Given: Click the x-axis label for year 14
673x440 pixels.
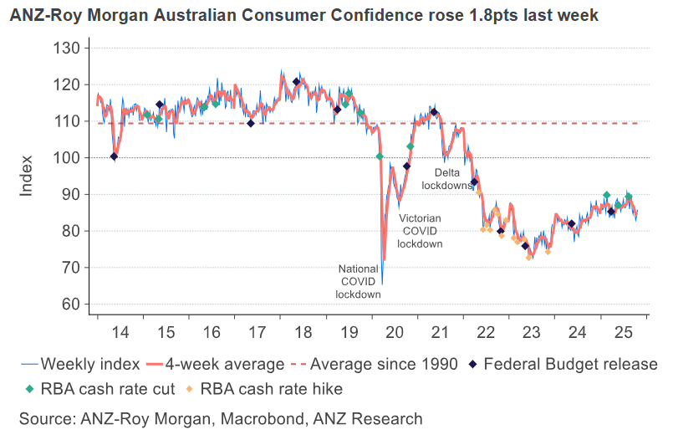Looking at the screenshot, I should pyautogui.click(x=120, y=332).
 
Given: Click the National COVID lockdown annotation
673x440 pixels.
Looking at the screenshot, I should pyautogui.click(x=359, y=282).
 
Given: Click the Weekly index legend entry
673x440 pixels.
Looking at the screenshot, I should pyautogui.click(x=78, y=364).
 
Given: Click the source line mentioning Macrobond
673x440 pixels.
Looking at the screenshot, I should pyautogui.click(x=222, y=418).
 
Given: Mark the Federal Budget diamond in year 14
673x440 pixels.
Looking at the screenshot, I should pyautogui.click(x=115, y=156).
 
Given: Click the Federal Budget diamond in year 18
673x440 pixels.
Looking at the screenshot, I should pyautogui.click(x=296, y=82).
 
